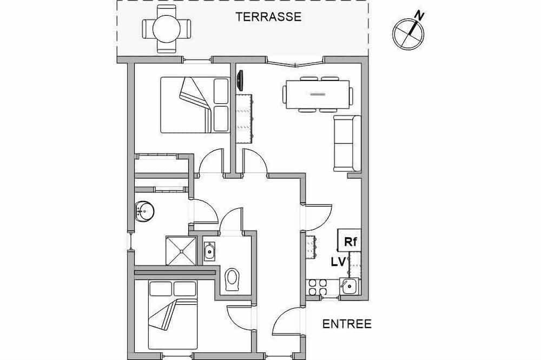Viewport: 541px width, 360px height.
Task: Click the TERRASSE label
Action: pos(268,17)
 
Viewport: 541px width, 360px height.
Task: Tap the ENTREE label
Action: pos(347,324)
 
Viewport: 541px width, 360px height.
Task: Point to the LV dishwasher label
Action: pos(339,262)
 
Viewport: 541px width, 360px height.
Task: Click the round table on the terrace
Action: pos(167,29)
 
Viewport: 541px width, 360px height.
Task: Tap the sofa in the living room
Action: pos(347,143)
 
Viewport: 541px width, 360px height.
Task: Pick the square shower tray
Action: pos(181,250)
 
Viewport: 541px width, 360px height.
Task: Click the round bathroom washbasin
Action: pos(145,211)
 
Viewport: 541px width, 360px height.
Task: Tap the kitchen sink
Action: pos(349,286)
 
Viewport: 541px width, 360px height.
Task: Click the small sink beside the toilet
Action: pos(209,251)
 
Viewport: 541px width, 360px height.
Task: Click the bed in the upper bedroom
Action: pos(195,105)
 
